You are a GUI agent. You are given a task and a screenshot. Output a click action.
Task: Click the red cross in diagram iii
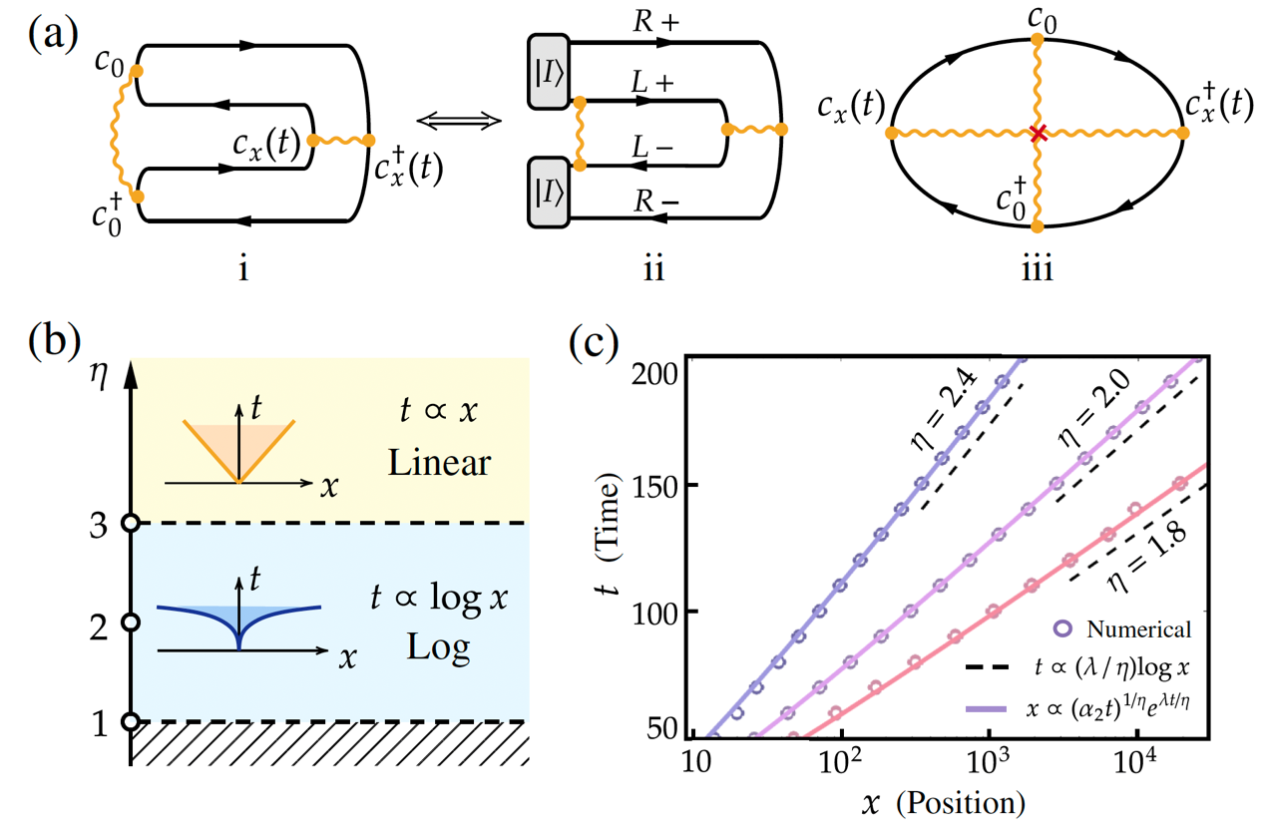pos(1038,133)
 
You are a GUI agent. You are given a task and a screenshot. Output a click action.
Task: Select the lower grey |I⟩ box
pos(549,191)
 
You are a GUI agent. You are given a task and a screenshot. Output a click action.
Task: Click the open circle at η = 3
pos(130,523)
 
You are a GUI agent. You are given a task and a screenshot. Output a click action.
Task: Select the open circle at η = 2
pos(130,622)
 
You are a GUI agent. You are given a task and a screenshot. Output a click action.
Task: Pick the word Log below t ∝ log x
pos(438,648)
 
